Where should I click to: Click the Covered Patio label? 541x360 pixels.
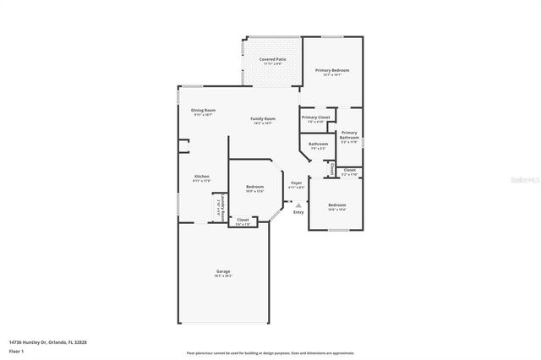[x=272, y=59]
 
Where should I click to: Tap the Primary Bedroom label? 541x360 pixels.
[x=332, y=70]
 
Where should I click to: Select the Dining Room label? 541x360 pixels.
[x=203, y=111]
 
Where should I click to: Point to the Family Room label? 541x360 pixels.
[x=262, y=119]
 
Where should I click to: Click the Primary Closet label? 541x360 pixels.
[x=315, y=117]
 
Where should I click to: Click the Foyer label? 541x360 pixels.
[x=296, y=183]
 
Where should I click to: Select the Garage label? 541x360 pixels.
[x=223, y=271]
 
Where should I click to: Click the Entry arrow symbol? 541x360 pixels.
[x=298, y=205]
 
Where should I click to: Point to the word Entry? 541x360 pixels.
[x=298, y=212]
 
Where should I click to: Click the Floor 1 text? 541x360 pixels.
[x=16, y=351]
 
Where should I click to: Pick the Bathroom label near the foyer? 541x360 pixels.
[x=318, y=145]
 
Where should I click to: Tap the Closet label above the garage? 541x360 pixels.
[x=243, y=220]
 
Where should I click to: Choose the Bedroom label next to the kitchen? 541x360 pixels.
[x=255, y=187]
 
